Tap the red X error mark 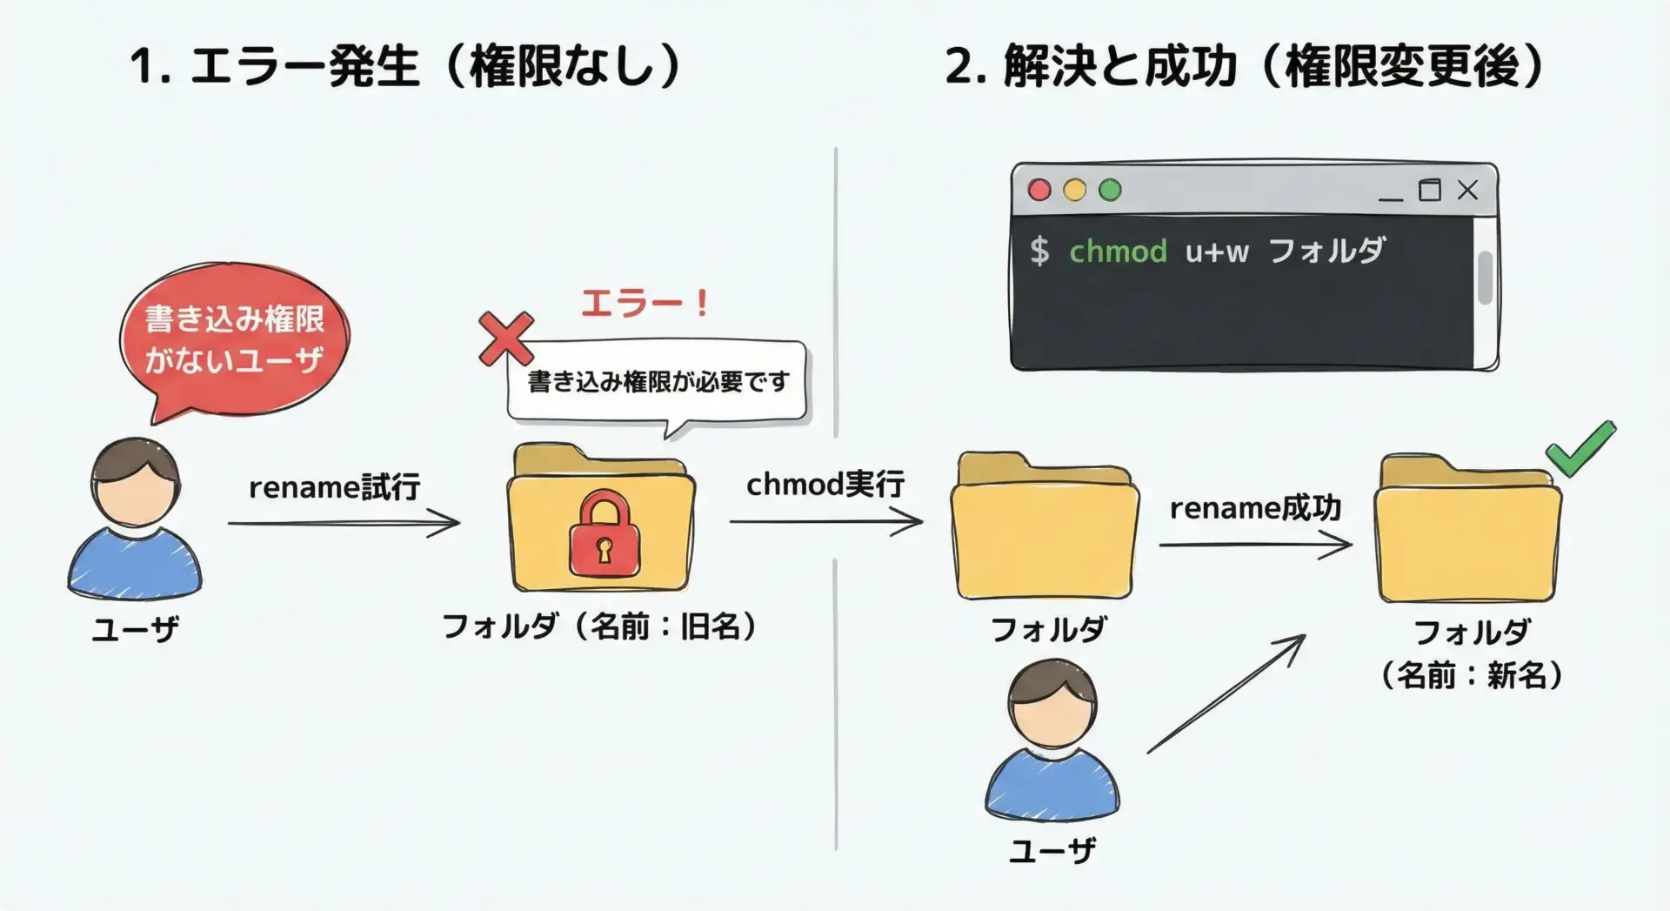(505, 339)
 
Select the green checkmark (1580, 449)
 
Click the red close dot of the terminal (1039, 190)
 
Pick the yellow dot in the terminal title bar (1075, 190)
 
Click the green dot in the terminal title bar (1110, 190)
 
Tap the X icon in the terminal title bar (1467, 190)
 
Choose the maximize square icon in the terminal (1429, 190)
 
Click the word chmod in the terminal (1118, 251)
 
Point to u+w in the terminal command (1217, 252)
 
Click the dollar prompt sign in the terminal (1039, 251)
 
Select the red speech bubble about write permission (233, 340)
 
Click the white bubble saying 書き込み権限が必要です (658, 381)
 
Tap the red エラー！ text (645, 304)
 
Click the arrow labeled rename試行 (344, 523)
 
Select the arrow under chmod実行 (825, 522)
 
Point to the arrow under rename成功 (1255, 546)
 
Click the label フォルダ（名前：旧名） (599, 626)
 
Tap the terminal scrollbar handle (1485, 278)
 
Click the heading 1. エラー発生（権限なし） (405, 66)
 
